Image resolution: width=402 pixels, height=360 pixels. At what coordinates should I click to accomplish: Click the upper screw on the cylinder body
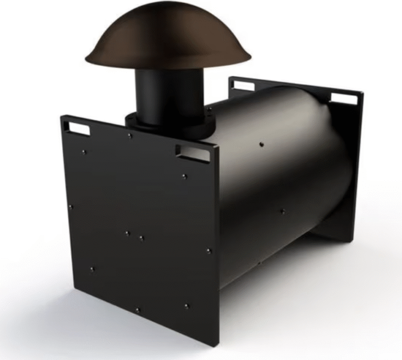261,143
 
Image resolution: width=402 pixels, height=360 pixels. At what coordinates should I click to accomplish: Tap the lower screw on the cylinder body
282,211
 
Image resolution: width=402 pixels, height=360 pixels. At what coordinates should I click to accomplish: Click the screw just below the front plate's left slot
84,152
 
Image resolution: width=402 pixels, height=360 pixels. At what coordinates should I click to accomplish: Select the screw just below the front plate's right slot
184,176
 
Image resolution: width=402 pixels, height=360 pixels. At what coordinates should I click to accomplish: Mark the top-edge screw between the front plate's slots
130,136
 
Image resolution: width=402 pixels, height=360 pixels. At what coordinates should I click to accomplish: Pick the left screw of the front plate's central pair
127,233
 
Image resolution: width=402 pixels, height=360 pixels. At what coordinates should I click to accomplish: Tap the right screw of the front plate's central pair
141,238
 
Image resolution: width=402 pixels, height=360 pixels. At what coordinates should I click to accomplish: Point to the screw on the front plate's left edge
71,207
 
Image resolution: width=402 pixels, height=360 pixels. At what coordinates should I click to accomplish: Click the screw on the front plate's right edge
208,251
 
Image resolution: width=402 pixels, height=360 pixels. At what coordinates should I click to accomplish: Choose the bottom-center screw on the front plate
138,310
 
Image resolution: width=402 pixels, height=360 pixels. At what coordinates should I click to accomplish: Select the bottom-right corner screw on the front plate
186,306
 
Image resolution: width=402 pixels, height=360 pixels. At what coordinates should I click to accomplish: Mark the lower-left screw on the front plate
92,269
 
